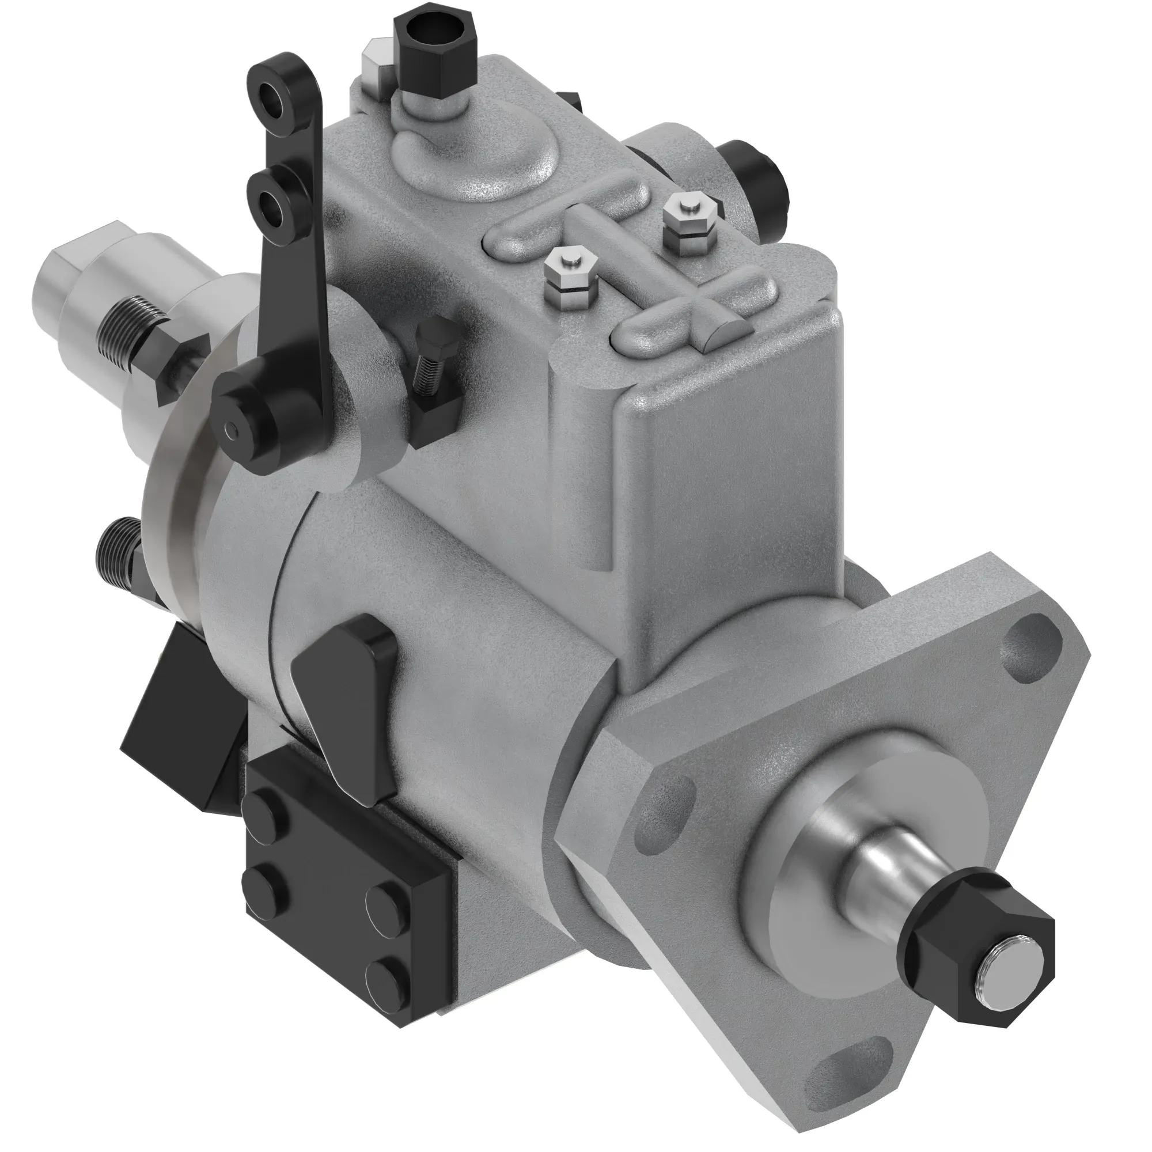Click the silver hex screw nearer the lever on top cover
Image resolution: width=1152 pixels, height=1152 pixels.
[x=571, y=271]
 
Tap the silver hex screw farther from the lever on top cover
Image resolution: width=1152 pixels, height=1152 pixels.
[x=689, y=220]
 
